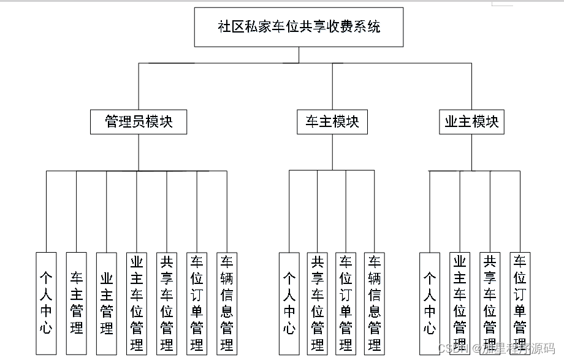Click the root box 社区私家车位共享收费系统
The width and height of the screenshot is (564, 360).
299,27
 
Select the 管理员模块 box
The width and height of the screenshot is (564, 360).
139,121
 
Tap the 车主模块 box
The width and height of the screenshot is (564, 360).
332,121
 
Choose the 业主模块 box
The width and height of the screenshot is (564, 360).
472,121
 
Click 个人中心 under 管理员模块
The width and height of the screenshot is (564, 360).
47,303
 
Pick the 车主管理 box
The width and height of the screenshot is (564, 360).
77,303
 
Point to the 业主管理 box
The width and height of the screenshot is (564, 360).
107,303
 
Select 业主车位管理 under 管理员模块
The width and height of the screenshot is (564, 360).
137,303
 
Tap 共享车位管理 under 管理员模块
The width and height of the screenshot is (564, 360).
167,303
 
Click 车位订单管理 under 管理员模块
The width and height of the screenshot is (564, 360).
197,303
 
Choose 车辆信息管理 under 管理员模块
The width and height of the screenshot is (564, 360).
227,303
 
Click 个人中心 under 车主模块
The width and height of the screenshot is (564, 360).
289,303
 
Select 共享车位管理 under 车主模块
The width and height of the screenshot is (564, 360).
318,303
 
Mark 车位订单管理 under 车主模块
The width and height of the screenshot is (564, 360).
346,303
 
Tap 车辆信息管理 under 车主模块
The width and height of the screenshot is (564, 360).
375,303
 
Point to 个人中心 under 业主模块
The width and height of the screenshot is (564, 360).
430,303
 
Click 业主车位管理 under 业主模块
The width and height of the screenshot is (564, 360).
460,303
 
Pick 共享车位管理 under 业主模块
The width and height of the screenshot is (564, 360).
490,303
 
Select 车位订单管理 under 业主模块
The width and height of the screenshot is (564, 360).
520,303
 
